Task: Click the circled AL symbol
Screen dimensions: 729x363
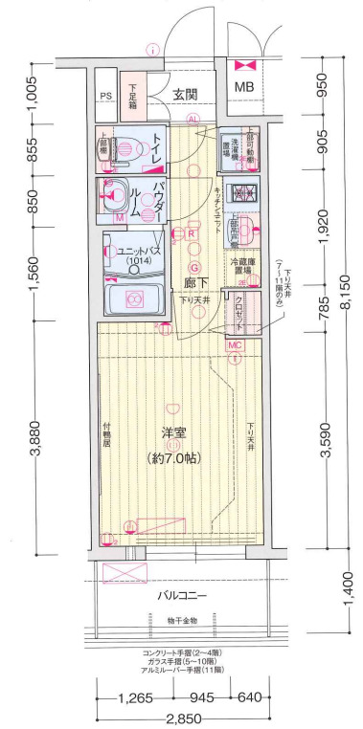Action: click(193, 120)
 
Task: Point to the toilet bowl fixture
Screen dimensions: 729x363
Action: click(121, 147)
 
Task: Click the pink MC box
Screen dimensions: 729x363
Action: click(235, 343)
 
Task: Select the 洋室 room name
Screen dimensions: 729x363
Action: click(172, 431)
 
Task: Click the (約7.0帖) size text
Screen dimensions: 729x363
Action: click(172, 457)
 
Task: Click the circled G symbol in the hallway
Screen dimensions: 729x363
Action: click(193, 268)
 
